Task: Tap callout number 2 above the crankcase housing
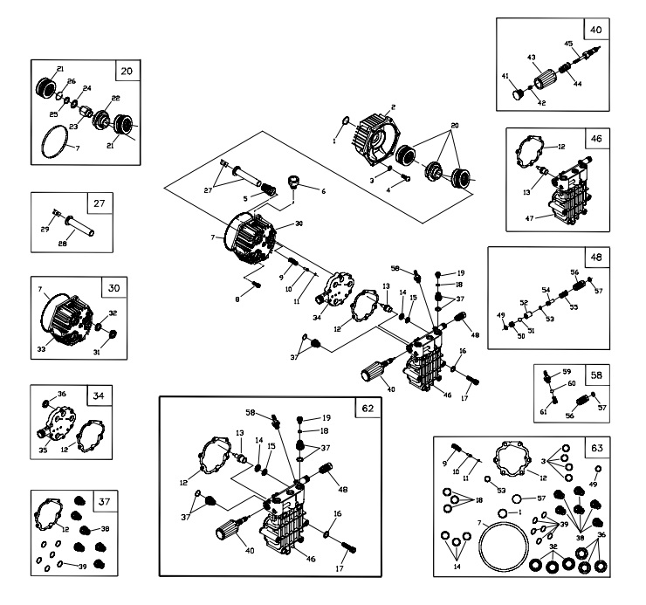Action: [x=393, y=107]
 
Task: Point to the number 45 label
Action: [x=568, y=43]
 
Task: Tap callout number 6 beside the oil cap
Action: [x=322, y=191]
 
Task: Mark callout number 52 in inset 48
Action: [x=524, y=303]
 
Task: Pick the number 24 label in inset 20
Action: [x=87, y=88]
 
